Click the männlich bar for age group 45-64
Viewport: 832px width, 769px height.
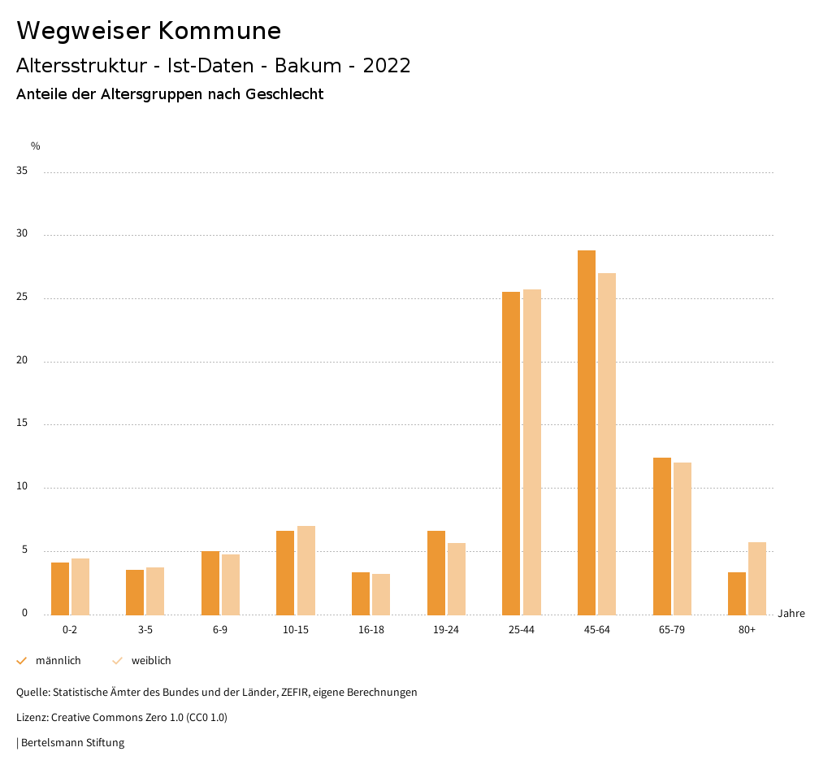click(586, 432)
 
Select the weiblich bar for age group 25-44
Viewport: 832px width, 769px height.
click(531, 452)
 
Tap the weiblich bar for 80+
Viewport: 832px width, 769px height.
click(756, 578)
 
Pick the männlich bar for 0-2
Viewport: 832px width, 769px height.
click(60, 589)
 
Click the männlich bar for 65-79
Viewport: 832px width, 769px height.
click(661, 537)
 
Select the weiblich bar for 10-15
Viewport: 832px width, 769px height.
click(305, 570)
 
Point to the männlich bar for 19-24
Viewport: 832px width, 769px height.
click(435, 572)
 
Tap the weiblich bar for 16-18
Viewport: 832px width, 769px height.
click(381, 594)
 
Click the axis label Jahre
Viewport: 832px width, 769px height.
click(791, 614)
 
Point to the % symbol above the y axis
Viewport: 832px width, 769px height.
click(36, 146)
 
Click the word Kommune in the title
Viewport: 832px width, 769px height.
click(219, 31)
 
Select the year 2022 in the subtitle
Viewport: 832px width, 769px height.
click(387, 66)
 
